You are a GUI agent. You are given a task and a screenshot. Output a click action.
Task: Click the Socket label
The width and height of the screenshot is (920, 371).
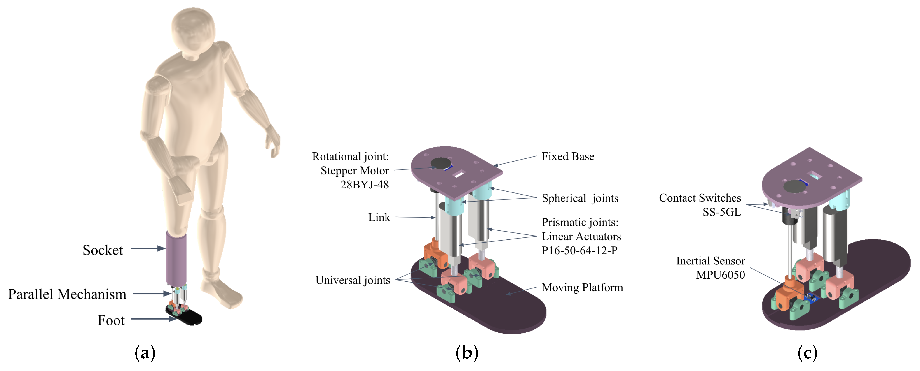click(103, 250)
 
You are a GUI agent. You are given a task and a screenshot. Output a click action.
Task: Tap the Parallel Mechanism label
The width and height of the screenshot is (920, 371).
click(67, 294)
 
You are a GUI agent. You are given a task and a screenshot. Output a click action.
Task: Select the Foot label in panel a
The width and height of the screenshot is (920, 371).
click(111, 320)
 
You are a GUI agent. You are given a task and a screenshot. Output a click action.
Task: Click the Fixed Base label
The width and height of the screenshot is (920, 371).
click(568, 156)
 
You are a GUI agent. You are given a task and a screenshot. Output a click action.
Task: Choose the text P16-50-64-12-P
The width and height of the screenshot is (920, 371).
click(580, 250)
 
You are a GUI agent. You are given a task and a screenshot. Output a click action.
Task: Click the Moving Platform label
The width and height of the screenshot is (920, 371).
click(582, 287)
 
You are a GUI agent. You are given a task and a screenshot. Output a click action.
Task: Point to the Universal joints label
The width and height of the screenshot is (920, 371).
click(353, 280)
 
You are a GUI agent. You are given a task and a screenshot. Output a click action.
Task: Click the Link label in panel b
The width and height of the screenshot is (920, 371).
click(379, 217)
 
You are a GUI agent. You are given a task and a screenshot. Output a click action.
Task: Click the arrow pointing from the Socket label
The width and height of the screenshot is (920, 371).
click(147, 248)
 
